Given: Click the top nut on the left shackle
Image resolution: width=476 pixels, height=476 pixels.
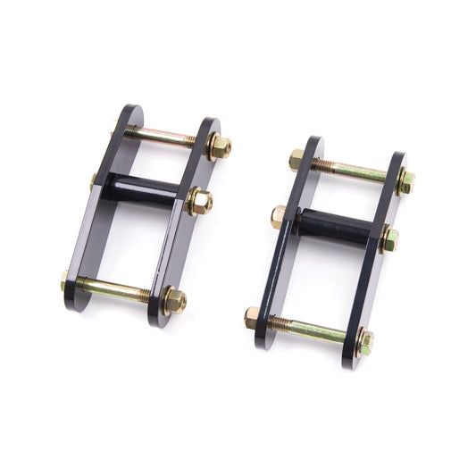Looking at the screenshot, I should (218, 146).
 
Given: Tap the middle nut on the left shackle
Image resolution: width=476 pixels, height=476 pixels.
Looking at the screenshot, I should (200, 202).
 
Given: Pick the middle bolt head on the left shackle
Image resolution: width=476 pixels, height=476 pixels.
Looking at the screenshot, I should (95, 180).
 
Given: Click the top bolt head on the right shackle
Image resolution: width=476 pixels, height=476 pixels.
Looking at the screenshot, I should (296, 159).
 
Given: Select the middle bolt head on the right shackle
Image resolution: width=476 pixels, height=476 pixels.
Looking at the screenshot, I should (279, 216).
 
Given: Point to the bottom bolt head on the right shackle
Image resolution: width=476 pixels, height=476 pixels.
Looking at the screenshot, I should (252, 317).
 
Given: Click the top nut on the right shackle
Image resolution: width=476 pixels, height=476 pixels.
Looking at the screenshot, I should (406, 182).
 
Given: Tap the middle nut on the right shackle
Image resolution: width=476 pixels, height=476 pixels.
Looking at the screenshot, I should (389, 239).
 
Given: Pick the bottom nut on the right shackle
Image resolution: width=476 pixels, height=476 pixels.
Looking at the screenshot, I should (364, 339).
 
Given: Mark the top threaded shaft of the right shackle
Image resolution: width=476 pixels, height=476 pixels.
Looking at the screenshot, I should (353, 171).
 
